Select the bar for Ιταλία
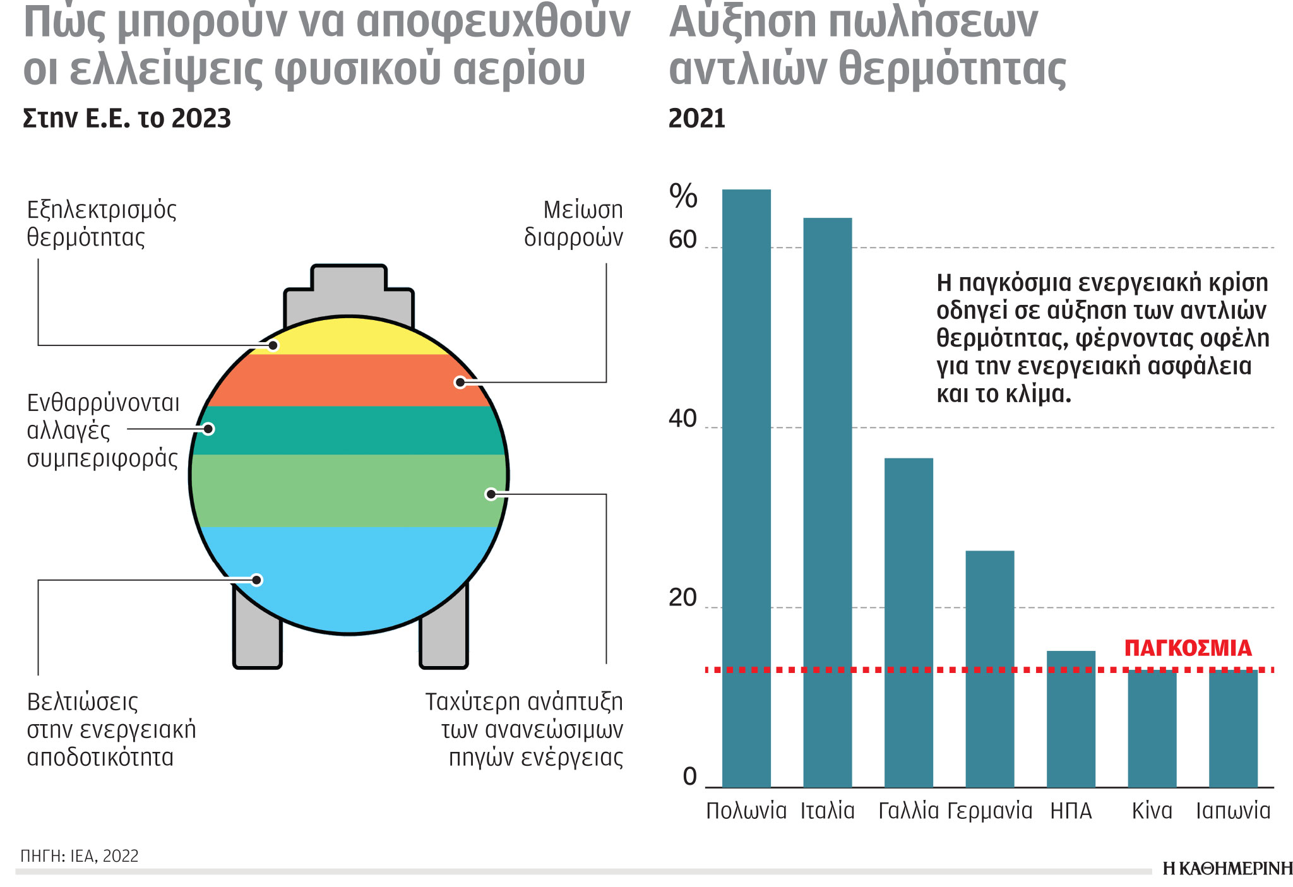(x=827, y=503)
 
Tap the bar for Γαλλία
(x=909, y=622)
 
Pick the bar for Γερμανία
(x=989, y=669)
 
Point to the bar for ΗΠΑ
(x=1071, y=719)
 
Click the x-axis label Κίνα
(x=1152, y=811)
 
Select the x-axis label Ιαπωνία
(x=1233, y=811)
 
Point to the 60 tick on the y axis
(x=682, y=240)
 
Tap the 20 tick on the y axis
(x=682, y=598)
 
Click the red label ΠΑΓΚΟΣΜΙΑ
(x=1188, y=648)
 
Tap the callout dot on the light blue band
(x=256, y=580)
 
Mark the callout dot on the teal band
(x=208, y=429)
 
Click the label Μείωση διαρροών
(x=573, y=223)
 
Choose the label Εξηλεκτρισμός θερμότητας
(x=101, y=223)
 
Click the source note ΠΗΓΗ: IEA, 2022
(x=80, y=856)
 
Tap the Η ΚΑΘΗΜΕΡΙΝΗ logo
(x=1227, y=869)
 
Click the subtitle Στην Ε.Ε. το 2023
(x=127, y=119)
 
